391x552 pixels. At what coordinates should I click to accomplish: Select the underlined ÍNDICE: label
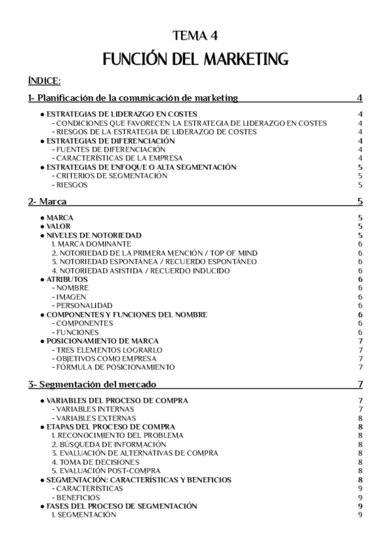click(x=44, y=81)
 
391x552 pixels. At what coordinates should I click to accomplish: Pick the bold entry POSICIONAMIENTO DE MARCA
click(x=102, y=340)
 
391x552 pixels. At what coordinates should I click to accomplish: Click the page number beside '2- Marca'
click(x=360, y=202)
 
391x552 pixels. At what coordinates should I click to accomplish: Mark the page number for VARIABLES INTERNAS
click(x=360, y=409)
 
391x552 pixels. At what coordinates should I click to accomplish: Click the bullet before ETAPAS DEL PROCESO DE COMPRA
click(x=42, y=426)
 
